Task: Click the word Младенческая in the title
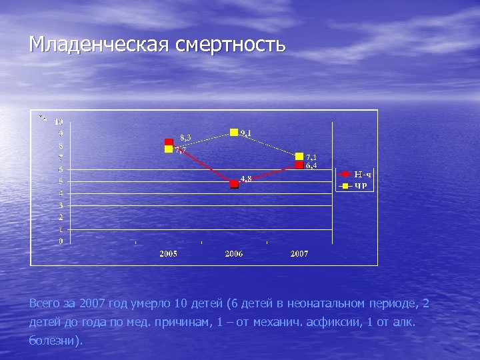click(x=99, y=45)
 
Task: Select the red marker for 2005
click(x=169, y=142)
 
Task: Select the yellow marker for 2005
click(x=169, y=149)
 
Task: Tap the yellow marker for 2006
click(x=234, y=132)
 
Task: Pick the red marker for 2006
click(x=234, y=184)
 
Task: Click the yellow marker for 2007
click(x=299, y=156)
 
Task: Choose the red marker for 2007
click(x=299, y=165)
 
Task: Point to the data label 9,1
click(x=246, y=134)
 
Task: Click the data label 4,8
click(x=246, y=179)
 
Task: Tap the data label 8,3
click(x=185, y=137)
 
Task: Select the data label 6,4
click(x=311, y=165)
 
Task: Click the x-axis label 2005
click(x=168, y=254)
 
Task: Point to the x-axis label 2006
click(x=234, y=254)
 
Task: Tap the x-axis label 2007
click(x=299, y=254)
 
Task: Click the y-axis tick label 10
click(x=59, y=122)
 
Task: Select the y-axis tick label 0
click(x=61, y=241)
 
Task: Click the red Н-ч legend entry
click(x=357, y=174)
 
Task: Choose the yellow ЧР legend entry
click(x=357, y=185)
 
